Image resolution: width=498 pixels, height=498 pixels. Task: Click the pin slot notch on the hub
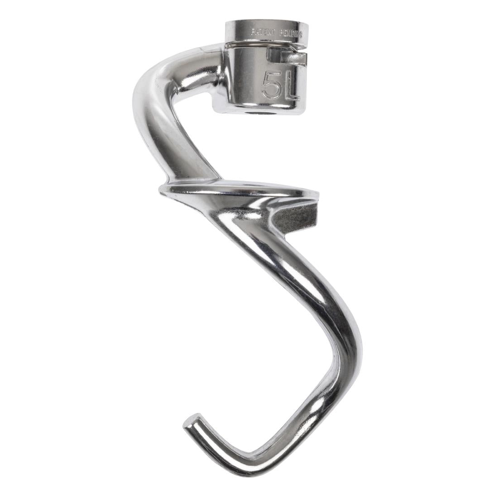click(x=285, y=56)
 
